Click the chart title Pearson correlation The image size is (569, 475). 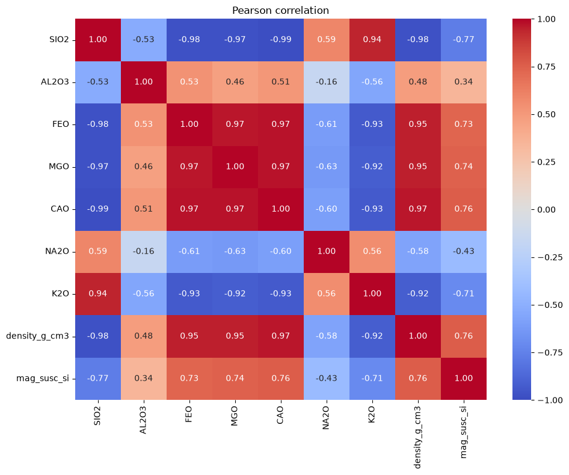tap(280, 11)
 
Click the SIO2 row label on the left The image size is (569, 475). tap(59, 40)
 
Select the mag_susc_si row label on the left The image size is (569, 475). tap(43, 379)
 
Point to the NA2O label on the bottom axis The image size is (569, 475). tap(326, 418)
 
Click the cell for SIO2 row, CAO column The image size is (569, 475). tap(280, 40)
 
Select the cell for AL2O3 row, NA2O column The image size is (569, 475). tap(326, 82)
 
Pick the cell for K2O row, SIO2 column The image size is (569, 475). tap(98, 293)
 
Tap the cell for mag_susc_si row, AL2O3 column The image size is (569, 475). tap(144, 378)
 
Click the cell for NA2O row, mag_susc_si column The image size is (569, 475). tap(463, 251)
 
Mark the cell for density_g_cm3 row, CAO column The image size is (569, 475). tap(280, 336)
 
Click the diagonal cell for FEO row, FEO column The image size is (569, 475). tap(189, 124)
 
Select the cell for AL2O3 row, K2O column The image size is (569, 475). tap(372, 82)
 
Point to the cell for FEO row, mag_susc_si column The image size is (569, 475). tap(463, 124)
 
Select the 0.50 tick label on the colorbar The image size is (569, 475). tap(547, 114)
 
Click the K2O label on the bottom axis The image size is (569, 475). tap(372, 415)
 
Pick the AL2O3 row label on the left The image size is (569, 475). tap(55, 82)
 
